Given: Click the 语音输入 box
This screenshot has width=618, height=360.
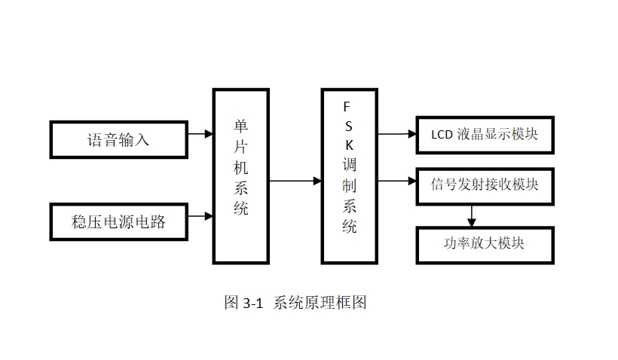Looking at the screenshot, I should click(118, 139).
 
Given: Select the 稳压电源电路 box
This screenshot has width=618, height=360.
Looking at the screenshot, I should click(118, 221).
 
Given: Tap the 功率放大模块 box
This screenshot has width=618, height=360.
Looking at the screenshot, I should click(485, 245).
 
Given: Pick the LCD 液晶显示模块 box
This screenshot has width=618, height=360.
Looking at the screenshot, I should click(485, 135).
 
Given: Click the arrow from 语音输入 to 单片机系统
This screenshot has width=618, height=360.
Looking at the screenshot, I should click(200, 135).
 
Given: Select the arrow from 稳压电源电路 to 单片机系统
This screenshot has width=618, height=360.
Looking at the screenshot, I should click(200, 216).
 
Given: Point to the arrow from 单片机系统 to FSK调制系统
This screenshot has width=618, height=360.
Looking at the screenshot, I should click(295, 181).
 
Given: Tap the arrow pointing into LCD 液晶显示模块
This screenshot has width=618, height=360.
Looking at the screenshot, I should click(396, 135).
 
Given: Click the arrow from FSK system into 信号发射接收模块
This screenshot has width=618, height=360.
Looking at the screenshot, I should click(396, 181).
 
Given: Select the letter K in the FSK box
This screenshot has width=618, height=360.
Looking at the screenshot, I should click(348, 143).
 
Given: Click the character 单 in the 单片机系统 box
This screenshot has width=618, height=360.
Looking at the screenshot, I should click(240, 127).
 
